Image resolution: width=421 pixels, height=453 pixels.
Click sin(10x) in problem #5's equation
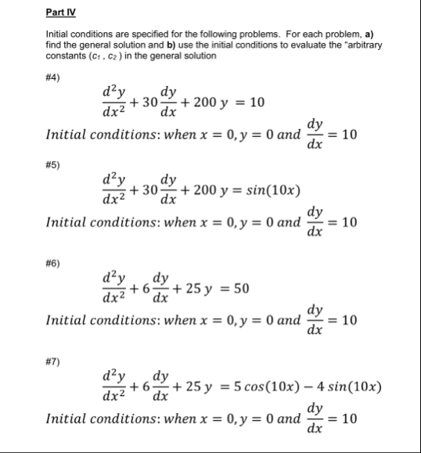pyautogui.click(x=272, y=190)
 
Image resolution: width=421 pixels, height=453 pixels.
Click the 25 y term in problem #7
pyautogui.click(x=195, y=387)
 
